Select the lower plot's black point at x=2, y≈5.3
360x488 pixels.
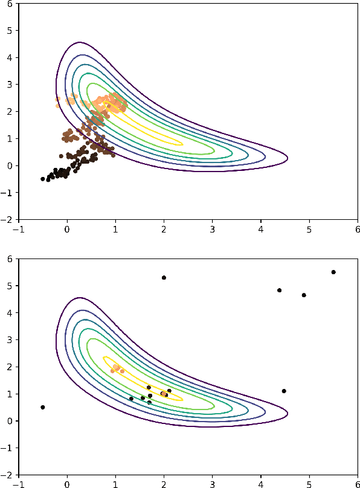point(164,278)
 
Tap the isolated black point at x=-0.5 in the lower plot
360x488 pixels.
point(42,407)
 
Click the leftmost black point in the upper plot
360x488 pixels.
point(42,179)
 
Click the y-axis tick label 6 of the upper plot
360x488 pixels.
point(10,4)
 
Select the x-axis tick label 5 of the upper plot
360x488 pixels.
point(309,230)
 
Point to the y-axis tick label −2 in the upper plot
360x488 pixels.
point(8,219)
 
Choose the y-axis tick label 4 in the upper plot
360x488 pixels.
point(10,58)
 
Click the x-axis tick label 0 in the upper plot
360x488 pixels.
point(66,230)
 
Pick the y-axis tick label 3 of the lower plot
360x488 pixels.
point(10,340)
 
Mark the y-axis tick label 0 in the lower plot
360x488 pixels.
point(10,421)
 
